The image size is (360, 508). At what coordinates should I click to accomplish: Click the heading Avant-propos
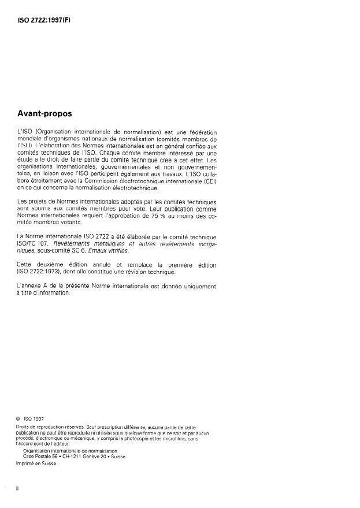pyautogui.click(x=49, y=114)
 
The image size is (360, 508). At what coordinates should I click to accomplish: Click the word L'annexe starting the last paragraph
pyautogui.click(x=31, y=286)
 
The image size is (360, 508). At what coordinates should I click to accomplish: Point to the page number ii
pyautogui.click(x=18, y=488)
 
